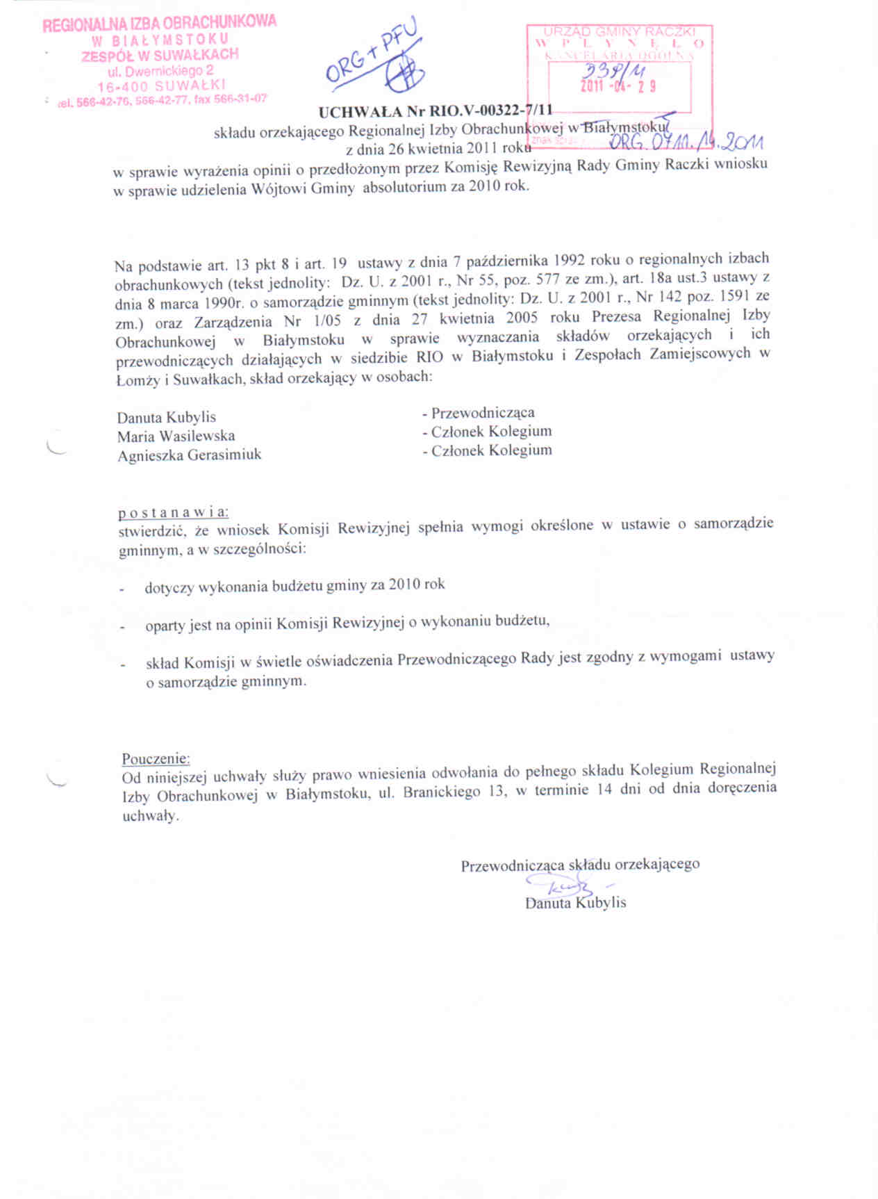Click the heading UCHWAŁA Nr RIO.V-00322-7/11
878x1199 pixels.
436,111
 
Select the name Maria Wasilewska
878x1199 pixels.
176,437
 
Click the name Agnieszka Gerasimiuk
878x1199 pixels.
189,456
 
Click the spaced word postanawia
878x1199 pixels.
173,513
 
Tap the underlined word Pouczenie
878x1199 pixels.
156,758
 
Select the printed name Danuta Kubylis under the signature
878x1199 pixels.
576,903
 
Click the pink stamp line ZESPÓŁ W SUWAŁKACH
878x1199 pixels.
160,55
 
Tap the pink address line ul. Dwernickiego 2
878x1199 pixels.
160,70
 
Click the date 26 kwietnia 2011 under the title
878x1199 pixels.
437,147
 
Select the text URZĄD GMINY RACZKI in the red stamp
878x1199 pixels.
619,32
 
